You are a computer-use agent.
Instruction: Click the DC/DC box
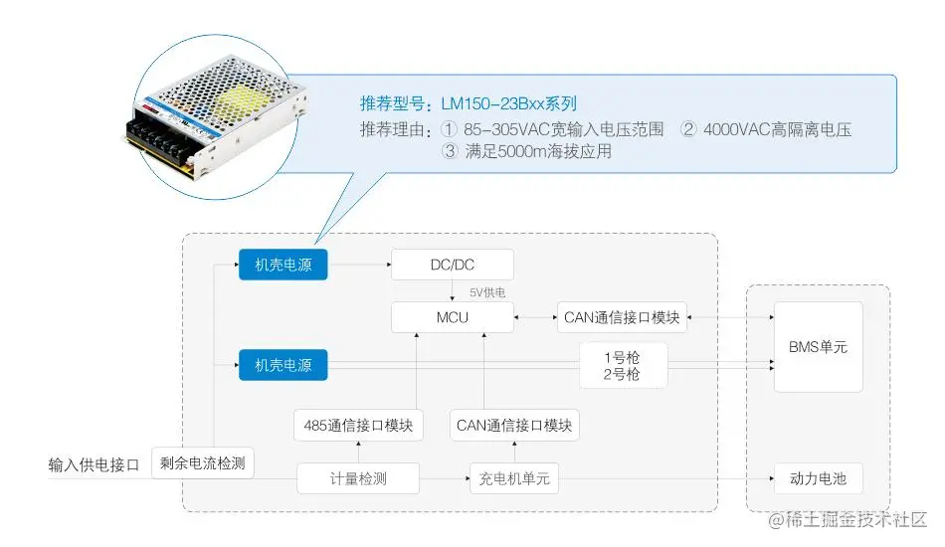coord(453,265)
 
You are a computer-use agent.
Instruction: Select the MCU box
coord(453,317)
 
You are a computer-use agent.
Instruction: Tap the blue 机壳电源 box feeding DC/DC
coord(283,265)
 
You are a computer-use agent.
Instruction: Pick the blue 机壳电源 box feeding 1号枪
coord(283,365)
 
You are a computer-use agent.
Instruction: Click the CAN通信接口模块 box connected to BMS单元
coord(622,317)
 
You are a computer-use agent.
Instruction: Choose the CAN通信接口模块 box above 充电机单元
coord(514,426)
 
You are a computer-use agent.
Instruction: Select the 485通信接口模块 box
coord(359,426)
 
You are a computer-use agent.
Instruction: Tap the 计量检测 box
coord(358,479)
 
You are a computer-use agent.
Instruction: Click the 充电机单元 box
coord(514,479)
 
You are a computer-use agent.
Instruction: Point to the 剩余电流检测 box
coord(203,463)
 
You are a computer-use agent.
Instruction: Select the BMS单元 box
coord(818,347)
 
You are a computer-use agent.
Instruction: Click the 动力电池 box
coord(818,479)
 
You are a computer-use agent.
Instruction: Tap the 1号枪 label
coord(622,356)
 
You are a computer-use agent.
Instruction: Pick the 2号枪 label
coord(622,375)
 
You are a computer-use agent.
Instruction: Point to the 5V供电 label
coord(488,292)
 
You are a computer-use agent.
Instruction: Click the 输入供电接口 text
coord(94,464)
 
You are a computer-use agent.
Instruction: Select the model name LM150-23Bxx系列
coord(508,103)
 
